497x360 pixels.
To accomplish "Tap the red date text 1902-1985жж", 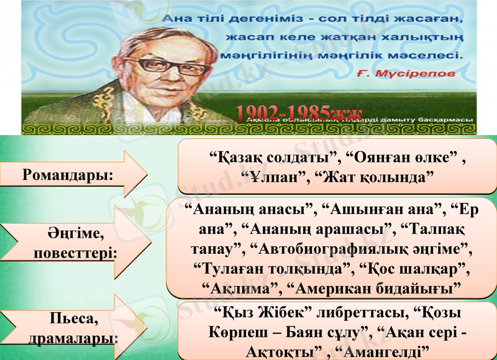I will point(298,113).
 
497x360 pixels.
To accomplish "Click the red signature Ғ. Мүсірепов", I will point(407,73).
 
